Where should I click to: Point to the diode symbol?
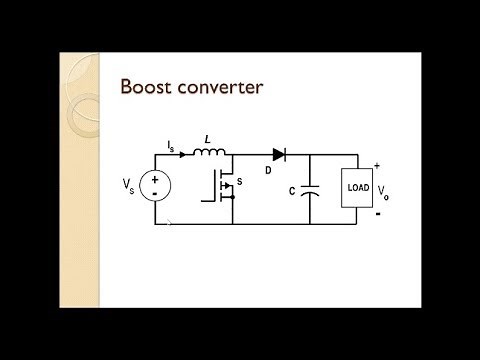pyautogui.click(x=278, y=155)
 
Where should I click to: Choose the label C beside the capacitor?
pyautogui.click(x=290, y=190)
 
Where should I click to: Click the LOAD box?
pyautogui.click(x=359, y=186)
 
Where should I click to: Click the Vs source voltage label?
pyautogui.click(x=130, y=185)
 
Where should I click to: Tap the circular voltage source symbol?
pyautogui.click(x=157, y=186)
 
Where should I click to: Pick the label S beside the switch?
pyautogui.click(x=239, y=184)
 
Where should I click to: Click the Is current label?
pyautogui.click(x=171, y=146)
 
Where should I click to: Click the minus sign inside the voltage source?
pyautogui.click(x=157, y=195)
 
